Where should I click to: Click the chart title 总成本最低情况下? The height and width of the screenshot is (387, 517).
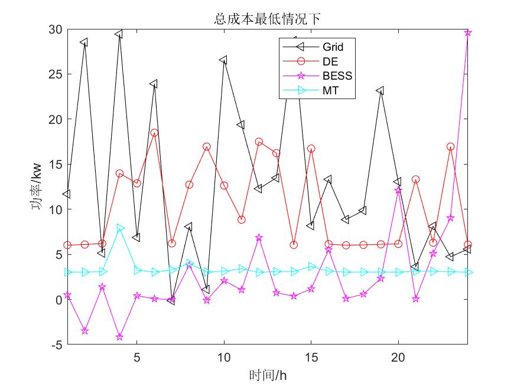pos(267,19)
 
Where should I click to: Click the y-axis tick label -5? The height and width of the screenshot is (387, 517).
pos(56,345)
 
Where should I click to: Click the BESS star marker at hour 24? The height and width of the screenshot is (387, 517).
pos(467,32)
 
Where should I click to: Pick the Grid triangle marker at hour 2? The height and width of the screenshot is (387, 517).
pos(84,42)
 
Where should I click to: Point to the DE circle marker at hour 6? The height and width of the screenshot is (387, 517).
pos(154,133)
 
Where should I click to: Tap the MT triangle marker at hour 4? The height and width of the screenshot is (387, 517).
pos(120,228)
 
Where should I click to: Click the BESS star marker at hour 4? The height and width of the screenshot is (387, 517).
pos(119,337)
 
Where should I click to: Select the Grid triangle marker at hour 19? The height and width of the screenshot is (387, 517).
pos(381,91)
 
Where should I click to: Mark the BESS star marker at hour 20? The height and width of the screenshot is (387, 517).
pos(398,191)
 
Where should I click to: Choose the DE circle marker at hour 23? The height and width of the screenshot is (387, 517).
pos(450,146)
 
